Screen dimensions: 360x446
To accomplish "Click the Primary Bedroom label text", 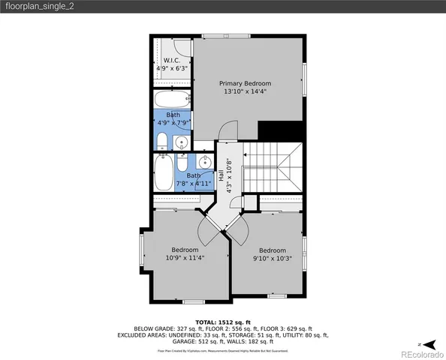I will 245,83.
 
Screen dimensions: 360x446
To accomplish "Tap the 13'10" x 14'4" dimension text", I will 245,91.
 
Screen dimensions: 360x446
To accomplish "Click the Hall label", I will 221,181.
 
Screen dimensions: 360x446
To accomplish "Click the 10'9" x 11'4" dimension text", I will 185,258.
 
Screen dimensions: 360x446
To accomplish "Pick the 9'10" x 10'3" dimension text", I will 272,259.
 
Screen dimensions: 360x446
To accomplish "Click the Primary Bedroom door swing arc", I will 228,133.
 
